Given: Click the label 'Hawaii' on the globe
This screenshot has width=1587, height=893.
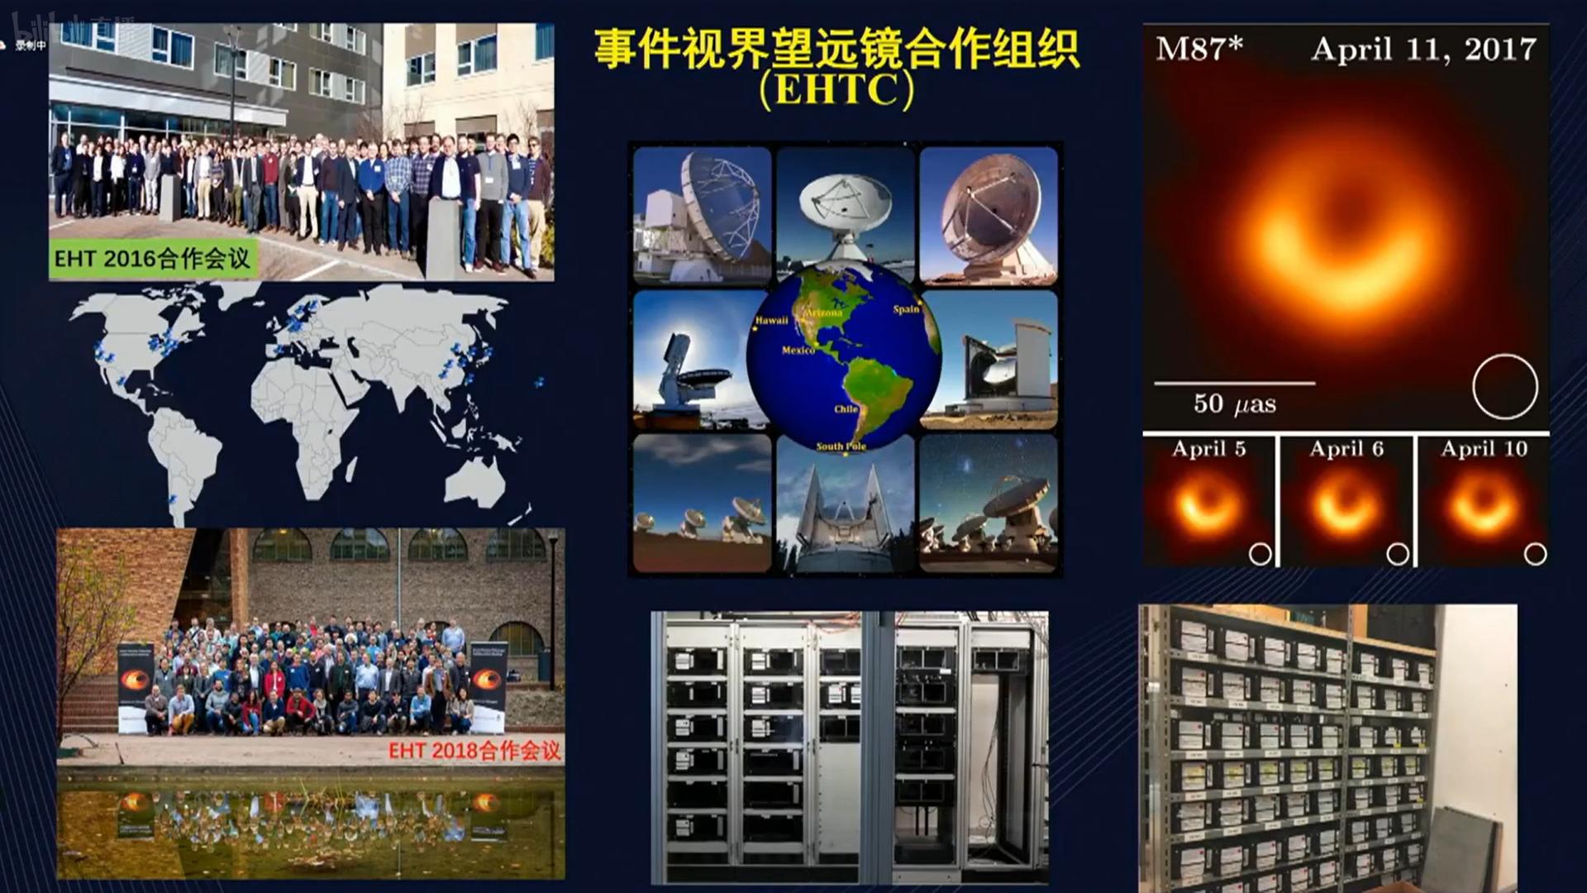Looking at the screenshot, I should click(771, 321).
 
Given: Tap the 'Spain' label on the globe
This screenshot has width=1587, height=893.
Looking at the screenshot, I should click(906, 309).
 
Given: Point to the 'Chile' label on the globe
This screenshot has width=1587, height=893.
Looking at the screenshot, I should click(846, 409).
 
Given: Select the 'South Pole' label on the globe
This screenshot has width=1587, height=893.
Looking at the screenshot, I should click(841, 446).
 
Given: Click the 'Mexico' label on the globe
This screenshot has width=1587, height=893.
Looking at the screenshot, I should click(798, 351).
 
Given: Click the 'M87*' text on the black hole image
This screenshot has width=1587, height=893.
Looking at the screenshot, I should click(1199, 49).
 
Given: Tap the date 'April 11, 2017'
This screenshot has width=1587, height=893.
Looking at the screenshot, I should click(1423, 50).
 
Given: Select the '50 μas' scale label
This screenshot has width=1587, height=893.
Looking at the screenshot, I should click(1234, 404).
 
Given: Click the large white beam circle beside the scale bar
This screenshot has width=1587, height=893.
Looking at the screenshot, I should click(1504, 387).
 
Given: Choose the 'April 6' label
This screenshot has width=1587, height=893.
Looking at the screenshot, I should click(1346, 449).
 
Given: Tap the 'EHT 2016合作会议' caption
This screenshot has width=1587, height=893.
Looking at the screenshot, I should click(152, 259).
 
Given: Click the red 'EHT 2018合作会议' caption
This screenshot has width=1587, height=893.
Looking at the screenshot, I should click(474, 751).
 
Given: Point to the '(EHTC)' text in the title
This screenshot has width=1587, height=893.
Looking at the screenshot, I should click(836, 89).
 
